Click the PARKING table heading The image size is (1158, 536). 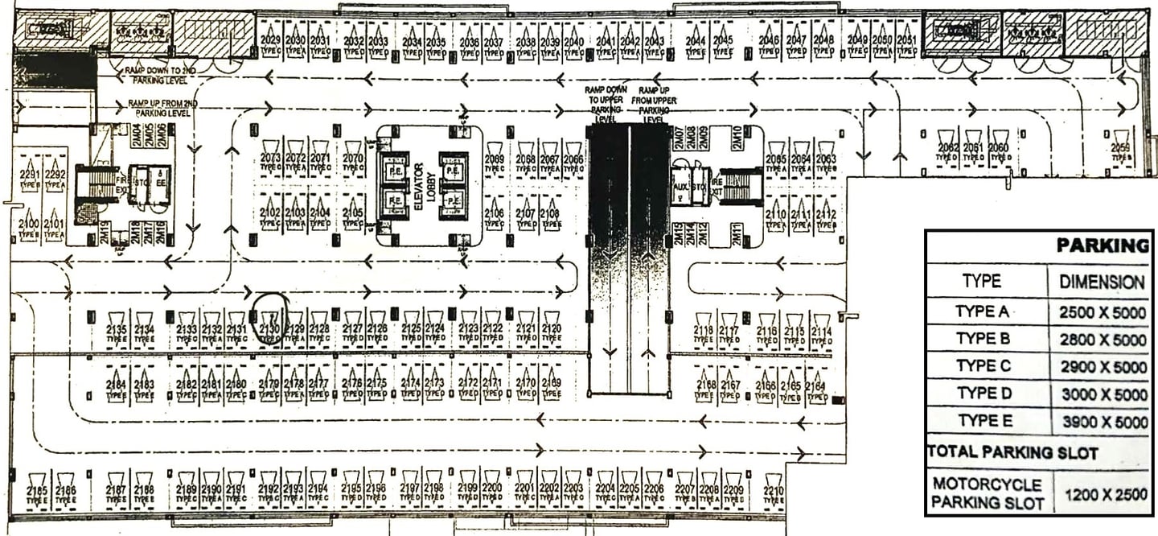coord(1102,245)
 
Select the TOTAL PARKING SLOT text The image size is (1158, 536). coord(1012,451)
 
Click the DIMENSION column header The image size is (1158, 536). coord(1102,282)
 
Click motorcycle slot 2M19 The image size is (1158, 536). coord(105,233)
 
